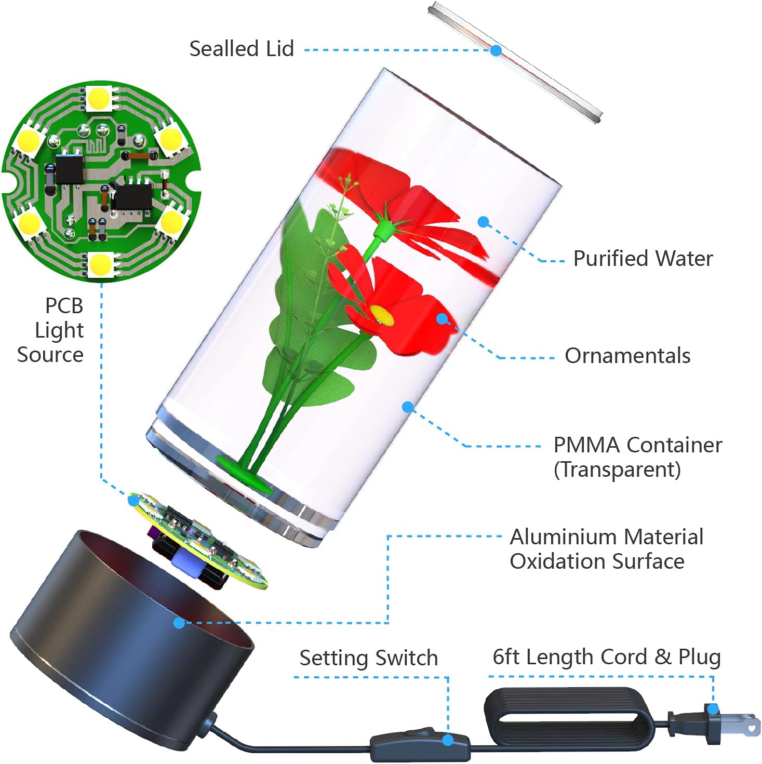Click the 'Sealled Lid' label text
tap(241, 49)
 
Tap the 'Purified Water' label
tap(643, 259)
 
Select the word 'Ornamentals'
tap(627, 356)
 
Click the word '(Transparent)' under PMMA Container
tap(617, 470)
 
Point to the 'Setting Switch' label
tap(368, 658)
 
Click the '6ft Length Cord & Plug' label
tap(607, 657)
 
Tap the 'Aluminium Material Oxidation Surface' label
tap(607, 549)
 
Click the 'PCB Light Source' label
tap(51, 330)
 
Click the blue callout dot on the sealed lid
tap(496, 50)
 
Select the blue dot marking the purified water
tap(483, 222)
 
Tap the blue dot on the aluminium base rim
tap(179, 623)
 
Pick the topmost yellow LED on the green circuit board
tap(98, 98)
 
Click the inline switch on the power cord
tap(420, 742)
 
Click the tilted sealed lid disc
tap(515, 62)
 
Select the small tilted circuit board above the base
tap(198, 542)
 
